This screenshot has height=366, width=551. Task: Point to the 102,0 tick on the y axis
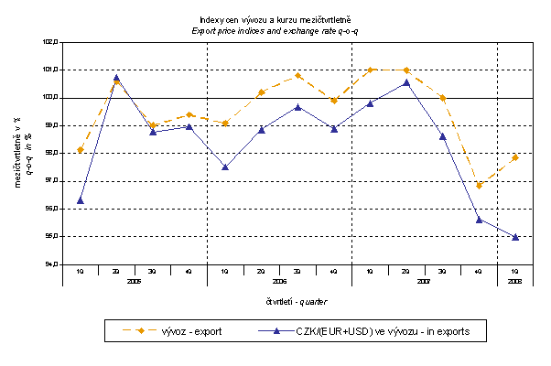[x=50, y=42]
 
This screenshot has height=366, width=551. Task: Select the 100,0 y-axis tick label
[x=50, y=98]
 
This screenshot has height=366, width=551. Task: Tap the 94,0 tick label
[x=50, y=265]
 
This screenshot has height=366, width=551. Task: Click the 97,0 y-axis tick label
[x=50, y=181]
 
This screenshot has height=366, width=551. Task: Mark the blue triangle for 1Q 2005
[x=81, y=200]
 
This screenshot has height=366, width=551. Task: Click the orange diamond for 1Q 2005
[x=81, y=150]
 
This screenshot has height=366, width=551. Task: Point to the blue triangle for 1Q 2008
[x=516, y=237]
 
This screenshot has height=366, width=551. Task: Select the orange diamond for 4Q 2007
[x=480, y=186]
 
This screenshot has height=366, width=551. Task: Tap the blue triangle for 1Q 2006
[x=225, y=167]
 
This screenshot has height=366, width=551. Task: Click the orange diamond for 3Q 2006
[x=298, y=76]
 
